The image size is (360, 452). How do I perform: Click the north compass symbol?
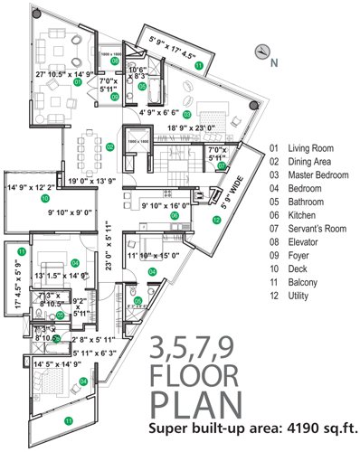coord(263,52)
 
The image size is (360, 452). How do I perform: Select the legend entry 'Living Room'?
coord(312,147)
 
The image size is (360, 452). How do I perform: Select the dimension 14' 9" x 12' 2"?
coord(33,188)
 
